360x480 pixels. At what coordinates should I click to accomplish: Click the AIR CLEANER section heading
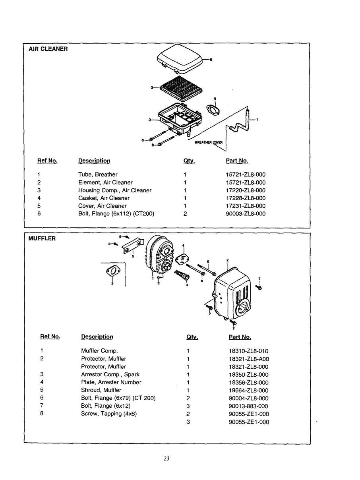coord(48,49)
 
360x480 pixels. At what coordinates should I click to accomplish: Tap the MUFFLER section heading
coord(42,238)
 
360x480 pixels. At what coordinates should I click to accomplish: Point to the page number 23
coord(166,458)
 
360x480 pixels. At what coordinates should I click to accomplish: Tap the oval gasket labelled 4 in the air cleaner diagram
coord(214,109)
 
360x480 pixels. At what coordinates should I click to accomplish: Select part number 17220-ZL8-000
coord(246,190)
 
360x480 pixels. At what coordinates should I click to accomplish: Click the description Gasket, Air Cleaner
coord(104,198)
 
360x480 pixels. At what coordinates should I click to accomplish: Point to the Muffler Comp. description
coord(99,351)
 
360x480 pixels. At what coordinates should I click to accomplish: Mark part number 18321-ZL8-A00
coord(249,359)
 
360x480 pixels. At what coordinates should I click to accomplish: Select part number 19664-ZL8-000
coord(248,390)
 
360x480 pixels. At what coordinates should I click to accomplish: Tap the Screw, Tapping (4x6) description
coord(107,414)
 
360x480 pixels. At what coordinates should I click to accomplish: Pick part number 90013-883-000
coord(248,406)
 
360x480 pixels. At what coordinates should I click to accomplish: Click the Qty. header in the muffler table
coord(192,337)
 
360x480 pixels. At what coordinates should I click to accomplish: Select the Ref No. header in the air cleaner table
coord(47,161)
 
